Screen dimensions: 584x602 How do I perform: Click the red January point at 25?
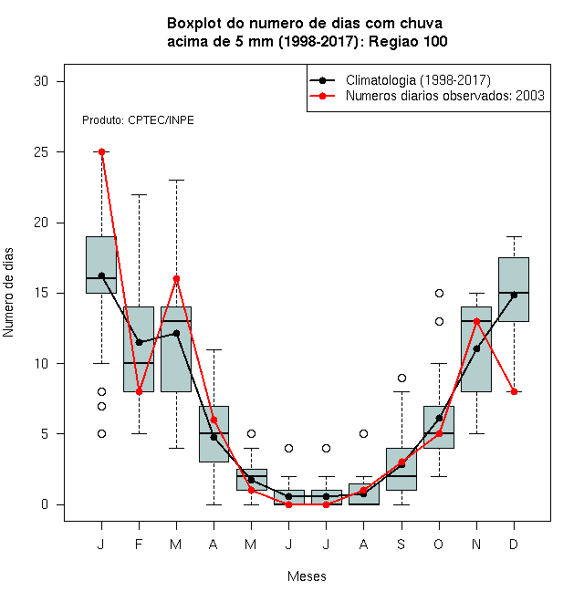(x=101, y=152)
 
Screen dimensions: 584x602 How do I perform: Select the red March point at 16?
(x=176, y=279)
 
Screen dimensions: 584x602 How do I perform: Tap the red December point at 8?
(x=514, y=391)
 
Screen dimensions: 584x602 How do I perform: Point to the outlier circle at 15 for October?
(x=439, y=294)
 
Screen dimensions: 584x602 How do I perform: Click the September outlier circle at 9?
(x=401, y=379)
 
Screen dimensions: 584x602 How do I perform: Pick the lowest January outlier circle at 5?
(x=101, y=434)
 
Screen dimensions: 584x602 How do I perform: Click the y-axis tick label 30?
(x=41, y=81)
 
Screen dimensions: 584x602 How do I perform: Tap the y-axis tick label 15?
(x=41, y=294)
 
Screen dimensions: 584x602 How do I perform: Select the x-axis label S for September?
(x=401, y=544)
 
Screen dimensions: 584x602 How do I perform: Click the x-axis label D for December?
(x=514, y=544)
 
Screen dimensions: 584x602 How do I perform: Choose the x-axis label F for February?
(x=139, y=544)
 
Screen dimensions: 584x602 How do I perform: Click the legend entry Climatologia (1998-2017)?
(x=418, y=80)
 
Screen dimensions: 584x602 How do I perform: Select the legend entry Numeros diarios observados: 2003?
(x=445, y=96)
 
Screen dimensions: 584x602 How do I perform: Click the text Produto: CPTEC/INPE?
(x=138, y=120)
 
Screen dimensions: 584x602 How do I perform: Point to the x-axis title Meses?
(x=307, y=576)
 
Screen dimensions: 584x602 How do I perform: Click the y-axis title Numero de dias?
(x=8, y=293)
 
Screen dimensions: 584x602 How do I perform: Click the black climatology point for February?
(x=139, y=342)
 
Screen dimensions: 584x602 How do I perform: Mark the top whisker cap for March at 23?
(x=176, y=180)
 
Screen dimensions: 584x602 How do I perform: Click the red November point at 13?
(x=477, y=321)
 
